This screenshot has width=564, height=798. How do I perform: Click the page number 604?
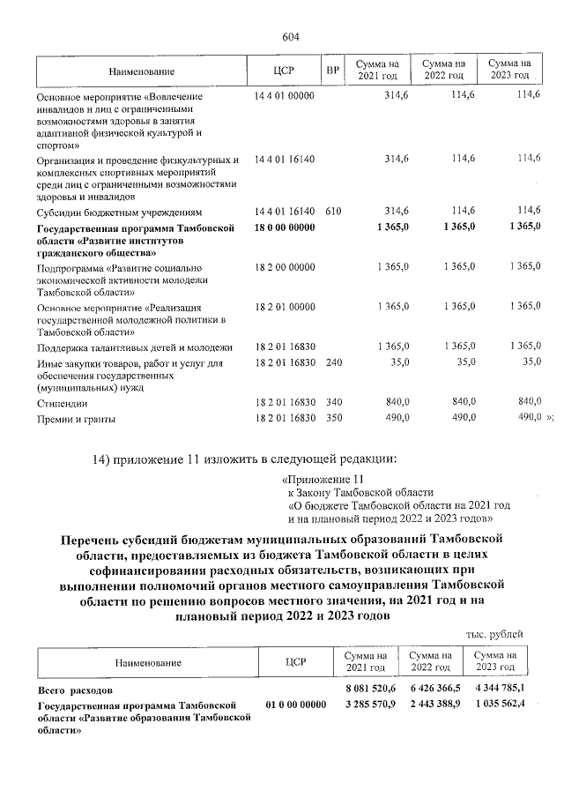[x=291, y=36]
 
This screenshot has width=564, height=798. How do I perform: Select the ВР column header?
[x=332, y=71]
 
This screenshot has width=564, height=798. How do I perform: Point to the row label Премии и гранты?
[x=75, y=419]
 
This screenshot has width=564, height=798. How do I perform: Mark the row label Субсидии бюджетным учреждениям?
[x=120, y=213]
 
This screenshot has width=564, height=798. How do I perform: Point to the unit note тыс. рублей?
[x=494, y=633]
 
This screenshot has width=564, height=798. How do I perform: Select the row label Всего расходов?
[x=74, y=688]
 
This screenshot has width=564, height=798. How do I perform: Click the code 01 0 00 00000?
[x=294, y=705]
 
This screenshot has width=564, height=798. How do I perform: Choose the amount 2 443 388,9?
[x=430, y=705]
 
